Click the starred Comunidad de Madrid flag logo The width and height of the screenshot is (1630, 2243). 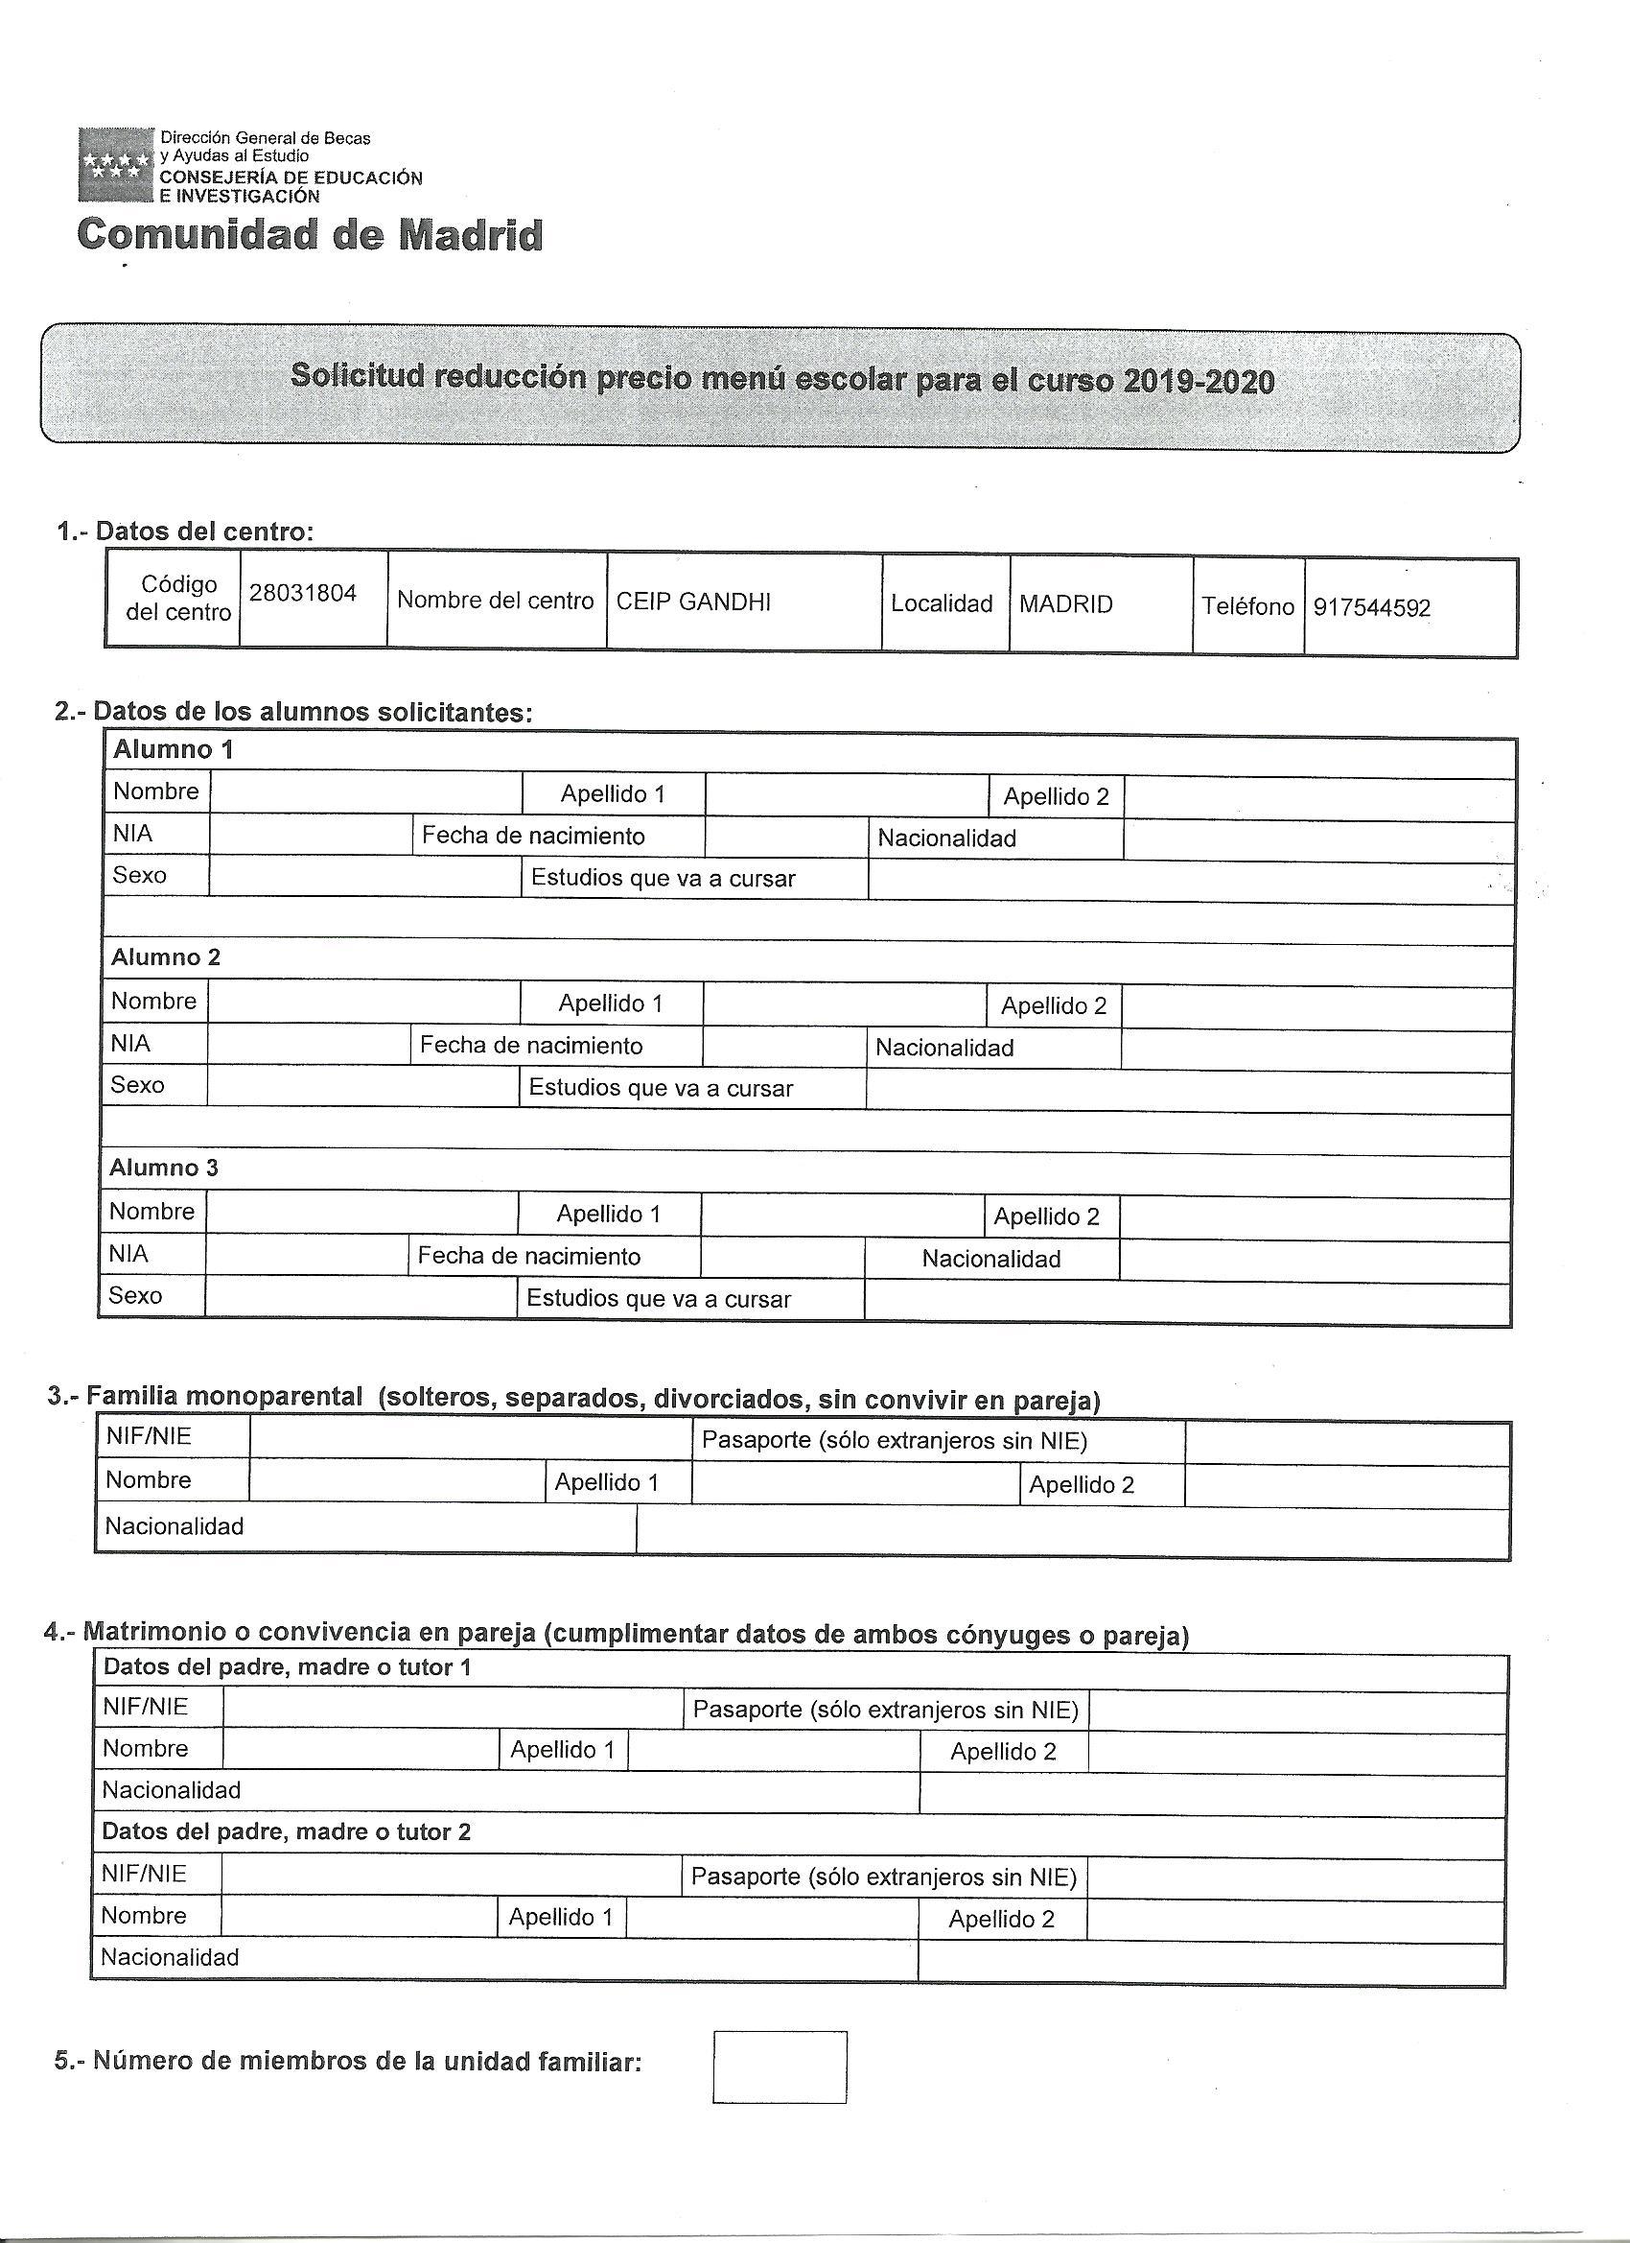[116, 164]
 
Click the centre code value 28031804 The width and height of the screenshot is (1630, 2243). [302, 594]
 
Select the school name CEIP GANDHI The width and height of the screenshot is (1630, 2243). [693, 602]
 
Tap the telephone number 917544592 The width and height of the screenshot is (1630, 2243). [1371, 607]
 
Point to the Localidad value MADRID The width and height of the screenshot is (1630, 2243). [1065, 603]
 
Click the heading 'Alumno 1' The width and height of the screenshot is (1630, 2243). [173, 749]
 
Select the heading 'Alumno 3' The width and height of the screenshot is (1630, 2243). [164, 1167]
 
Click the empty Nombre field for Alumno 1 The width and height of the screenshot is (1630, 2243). [365, 793]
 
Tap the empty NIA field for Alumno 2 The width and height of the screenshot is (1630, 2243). [310, 1046]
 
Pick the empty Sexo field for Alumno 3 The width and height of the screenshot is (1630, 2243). [361, 1296]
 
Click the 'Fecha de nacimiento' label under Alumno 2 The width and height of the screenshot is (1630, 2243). [531, 1046]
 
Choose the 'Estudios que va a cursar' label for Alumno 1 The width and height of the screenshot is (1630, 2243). [663, 878]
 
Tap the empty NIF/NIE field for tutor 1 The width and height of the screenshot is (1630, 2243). [453, 1708]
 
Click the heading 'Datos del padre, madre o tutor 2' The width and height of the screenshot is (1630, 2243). [287, 1831]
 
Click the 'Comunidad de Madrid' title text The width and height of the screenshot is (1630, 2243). [310, 235]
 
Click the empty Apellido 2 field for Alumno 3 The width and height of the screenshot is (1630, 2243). [1315, 1218]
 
